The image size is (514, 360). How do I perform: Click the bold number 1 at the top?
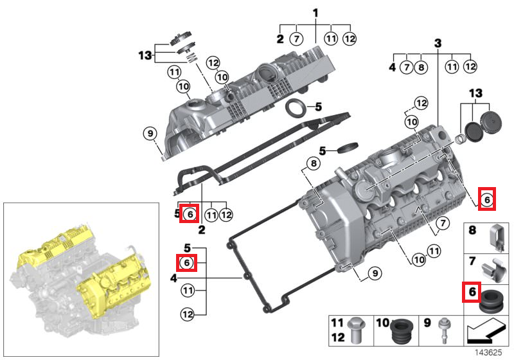pyautogui.click(x=315, y=13)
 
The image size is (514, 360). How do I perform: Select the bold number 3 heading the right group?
pyautogui.click(x=438, y=43)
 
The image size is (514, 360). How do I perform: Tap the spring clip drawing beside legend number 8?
pyautogui.click(x=495, y=236)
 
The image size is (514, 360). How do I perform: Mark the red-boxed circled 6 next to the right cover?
pyautogui.click(x=487, y=200)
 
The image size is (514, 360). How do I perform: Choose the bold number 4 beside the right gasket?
pyautogui.click(x=173, y=278)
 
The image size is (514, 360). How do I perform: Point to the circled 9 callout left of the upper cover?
pyautogui.click(x=150, y=134)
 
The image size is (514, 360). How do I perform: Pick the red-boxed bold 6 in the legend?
pyautogui.click(x=471, y=292)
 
